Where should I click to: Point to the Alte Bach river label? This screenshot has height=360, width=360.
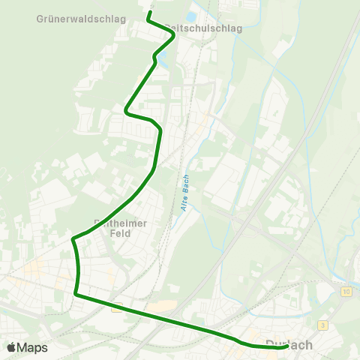tap(185, 193)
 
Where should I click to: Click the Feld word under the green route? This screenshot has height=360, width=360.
tap(119, 233)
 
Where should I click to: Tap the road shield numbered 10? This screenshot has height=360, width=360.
tap(345, 291)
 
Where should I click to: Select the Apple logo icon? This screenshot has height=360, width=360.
tap(11, 347)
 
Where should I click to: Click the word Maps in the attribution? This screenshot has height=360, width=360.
tap(32, 347)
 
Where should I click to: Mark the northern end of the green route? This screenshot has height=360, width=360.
tap(149, 13)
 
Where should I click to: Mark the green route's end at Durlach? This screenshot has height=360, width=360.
tap(287, 346)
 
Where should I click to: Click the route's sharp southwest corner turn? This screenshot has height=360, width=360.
tap(76, 294)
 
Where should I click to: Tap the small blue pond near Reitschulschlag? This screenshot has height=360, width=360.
tap(191, 16)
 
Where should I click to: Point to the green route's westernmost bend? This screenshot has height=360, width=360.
tap(73, 239)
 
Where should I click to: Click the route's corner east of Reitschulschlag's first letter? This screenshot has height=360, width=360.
tap(174, 37)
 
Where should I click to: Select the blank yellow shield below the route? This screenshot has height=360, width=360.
tap(116, 307)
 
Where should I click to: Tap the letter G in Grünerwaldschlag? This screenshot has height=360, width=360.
tap(40, 17)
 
